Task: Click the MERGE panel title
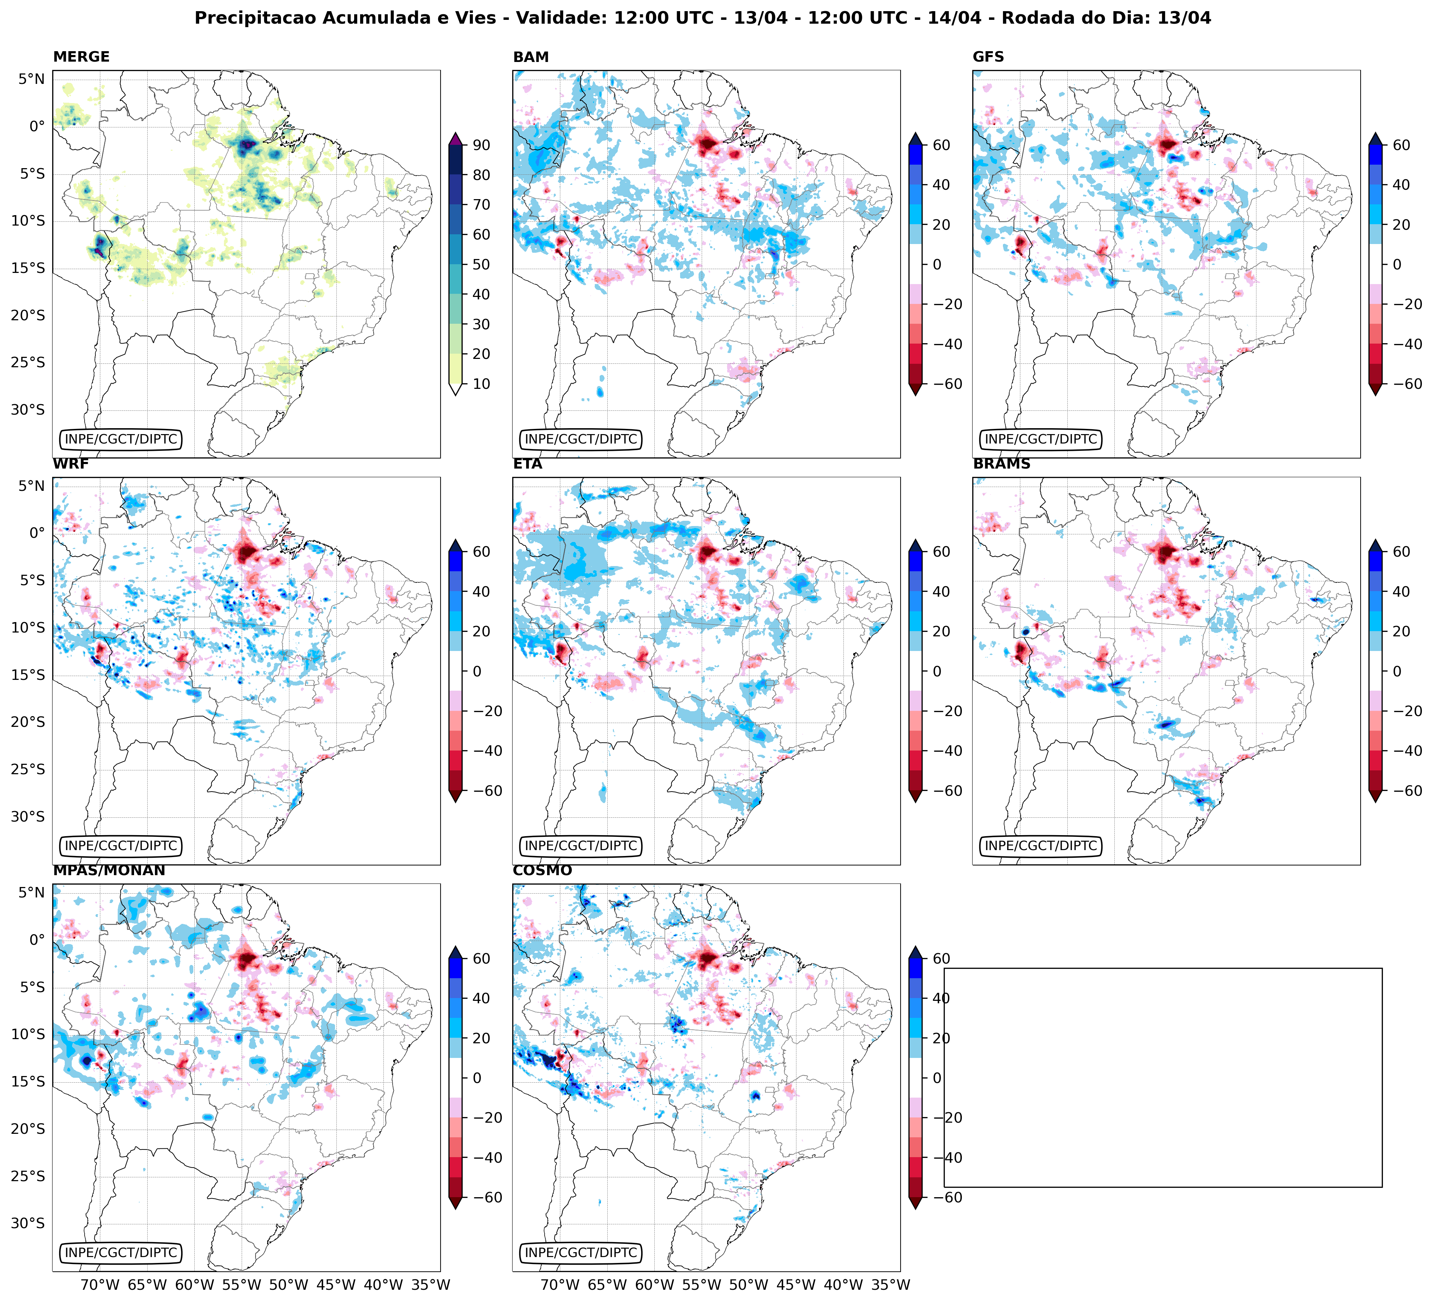pyautogui.click(x=81, y=57)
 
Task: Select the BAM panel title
pyautogui.click(x=530, y=57)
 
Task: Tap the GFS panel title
pyautogui.click(x=988, y=57)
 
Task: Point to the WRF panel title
pyautogui.click(x=70, y=464)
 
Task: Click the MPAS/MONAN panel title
pyautogui.click(x=109, y=870)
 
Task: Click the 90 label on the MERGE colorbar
pyautogui.click(x=481, y=145)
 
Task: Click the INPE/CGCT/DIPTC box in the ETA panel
pyautogui.click(x=581, y=846)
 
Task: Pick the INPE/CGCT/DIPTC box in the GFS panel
pyautogui.click(x=1041, y=439)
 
